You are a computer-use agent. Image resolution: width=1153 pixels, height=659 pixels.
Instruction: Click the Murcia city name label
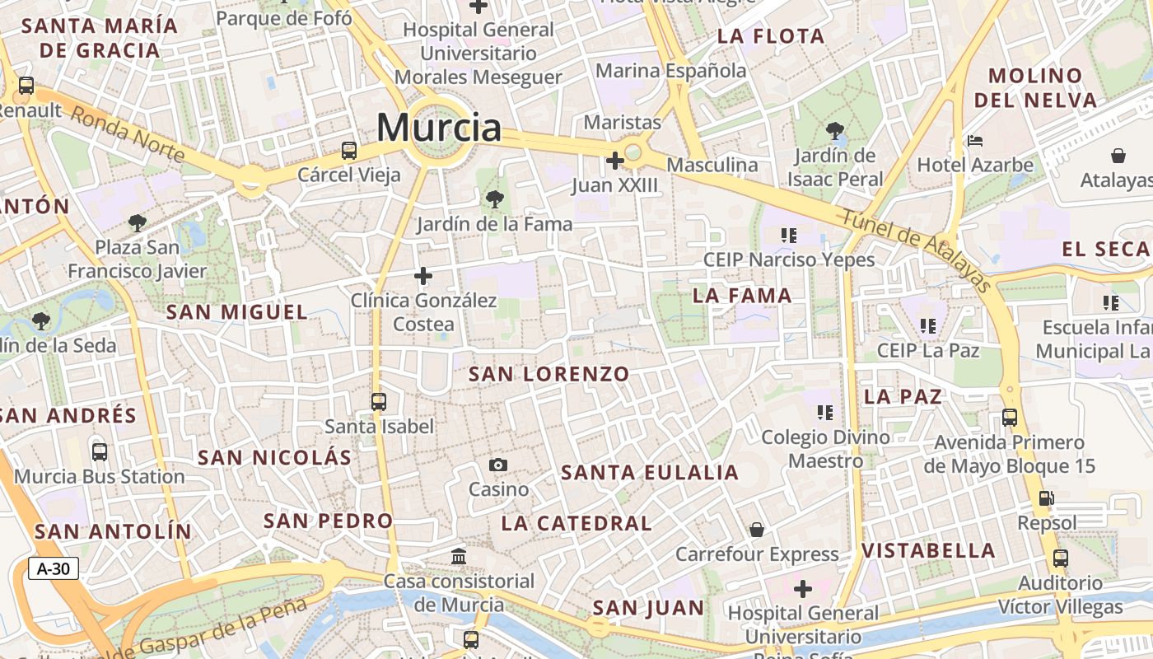(439, 128)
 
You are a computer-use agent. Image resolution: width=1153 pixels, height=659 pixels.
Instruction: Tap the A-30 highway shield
(54, 568)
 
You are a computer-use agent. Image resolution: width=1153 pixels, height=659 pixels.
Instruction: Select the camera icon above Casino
(497, 465)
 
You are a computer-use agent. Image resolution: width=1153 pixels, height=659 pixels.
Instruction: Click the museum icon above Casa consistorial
(460, 557)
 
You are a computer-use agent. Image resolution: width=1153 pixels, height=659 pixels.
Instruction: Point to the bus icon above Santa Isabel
(378, 402)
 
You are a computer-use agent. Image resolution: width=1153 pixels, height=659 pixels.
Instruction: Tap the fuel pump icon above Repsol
(1046, 498)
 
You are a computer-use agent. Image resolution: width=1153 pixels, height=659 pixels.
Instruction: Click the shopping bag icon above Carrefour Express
(756, 530)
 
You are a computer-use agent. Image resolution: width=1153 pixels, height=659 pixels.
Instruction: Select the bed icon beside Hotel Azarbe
(975, 141)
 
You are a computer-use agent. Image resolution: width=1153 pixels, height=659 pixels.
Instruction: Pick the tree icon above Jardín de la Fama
(494, 199)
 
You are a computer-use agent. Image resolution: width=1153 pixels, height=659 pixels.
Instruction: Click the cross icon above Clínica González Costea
(423, 276)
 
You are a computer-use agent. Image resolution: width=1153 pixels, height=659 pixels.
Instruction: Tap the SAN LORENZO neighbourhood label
(548, 374)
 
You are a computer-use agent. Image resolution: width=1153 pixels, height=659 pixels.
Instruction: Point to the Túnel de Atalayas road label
(915, 250)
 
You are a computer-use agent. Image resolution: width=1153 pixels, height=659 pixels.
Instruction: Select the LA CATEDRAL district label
(576, 523)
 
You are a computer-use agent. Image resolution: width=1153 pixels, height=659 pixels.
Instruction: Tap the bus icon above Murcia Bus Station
(100, 451)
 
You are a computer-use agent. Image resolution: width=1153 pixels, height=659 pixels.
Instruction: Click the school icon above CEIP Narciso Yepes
(788, 236)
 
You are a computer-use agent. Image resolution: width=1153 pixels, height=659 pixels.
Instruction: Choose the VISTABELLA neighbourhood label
(928, 550)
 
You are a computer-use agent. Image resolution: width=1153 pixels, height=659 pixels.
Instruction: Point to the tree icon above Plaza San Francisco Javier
(137, 222)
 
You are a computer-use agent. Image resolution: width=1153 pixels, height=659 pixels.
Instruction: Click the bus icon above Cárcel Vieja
(349, 151)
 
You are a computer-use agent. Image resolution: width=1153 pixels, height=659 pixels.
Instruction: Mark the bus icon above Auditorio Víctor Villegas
(1061, 559)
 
